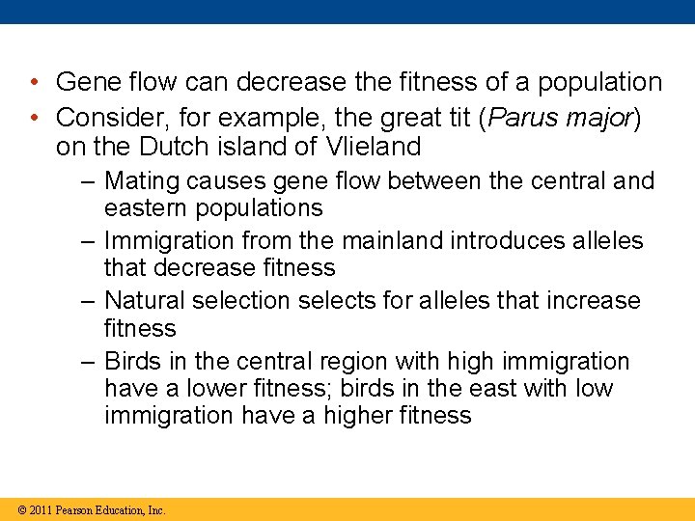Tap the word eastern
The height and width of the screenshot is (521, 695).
pyautogui.click(x=145, y=207)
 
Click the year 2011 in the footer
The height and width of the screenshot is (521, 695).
pyautogui.click(x=40, y=510)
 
